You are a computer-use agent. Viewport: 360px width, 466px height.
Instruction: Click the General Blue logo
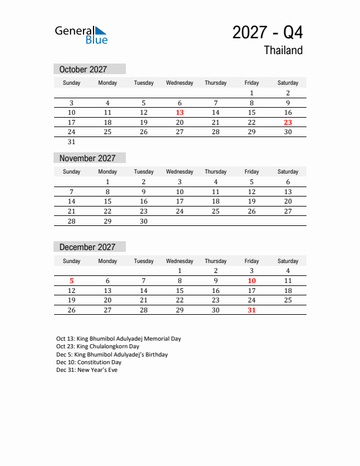[81, 35]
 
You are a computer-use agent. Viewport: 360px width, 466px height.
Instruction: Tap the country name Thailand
[283, 51]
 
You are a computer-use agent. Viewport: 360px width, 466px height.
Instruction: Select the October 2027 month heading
[84, 69]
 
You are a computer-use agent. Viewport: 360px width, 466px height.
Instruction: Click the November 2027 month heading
[88, 158]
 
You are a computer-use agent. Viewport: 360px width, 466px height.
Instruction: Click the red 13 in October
[179, 112]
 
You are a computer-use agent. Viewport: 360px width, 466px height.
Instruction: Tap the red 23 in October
[288, 122]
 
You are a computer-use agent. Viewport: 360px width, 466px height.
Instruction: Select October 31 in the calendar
[71, 142]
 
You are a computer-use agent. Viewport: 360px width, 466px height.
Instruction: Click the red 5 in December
[71, 281]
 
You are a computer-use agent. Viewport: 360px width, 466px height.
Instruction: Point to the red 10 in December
[251, 281]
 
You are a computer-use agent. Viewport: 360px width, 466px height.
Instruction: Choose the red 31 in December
[251, 310]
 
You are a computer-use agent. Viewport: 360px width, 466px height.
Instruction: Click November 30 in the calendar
[144, 221]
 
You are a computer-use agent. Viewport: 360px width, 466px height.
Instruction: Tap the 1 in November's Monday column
[108, 182]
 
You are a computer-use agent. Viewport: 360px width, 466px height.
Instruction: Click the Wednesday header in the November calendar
[179, 172]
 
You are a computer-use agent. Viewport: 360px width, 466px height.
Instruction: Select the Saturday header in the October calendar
[288, 83]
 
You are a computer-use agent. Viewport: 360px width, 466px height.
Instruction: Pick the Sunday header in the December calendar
[71, 261]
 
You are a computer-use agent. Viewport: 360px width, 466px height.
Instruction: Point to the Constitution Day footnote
[89, 362]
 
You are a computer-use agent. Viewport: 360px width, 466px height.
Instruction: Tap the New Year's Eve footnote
[87, 370]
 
